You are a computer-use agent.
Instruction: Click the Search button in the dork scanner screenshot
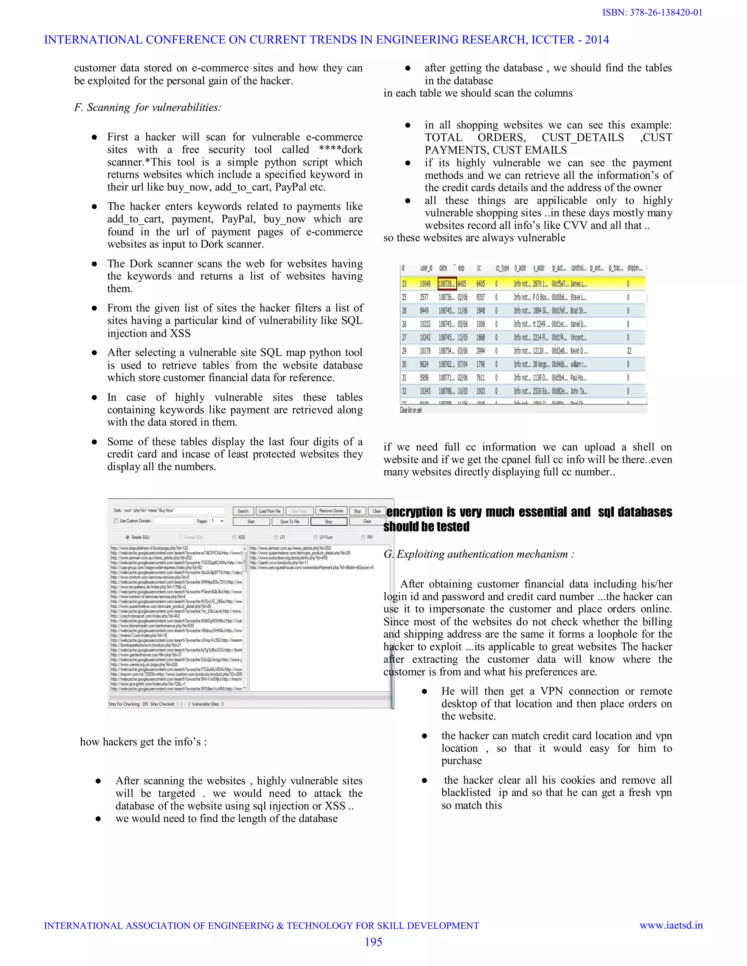[x=243, y=511]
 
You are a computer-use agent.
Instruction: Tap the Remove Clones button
[x=331, y=511]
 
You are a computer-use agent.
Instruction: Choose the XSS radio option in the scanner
[x=234, y=537]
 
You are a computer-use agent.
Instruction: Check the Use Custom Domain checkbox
[x=116, y=521]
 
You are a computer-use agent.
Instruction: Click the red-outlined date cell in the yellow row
[x=446, y=284]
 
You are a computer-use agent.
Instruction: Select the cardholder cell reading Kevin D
[x=579, y=351]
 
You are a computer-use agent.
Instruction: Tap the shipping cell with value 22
[x=629, y=351]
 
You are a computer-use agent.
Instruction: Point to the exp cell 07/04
[x=462, y=365]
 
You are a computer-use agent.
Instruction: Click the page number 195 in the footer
[x=373, y=942]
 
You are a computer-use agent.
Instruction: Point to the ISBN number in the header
[x=652, y=12]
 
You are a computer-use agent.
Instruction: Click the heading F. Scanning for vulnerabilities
[x=147, y=108]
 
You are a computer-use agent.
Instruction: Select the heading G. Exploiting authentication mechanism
[x=479, y=554]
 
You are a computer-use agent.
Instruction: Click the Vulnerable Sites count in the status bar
[x=208, y=704]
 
